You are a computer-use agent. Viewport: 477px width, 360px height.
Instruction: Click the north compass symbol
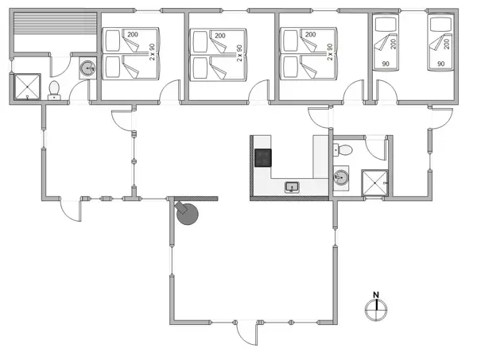point(375,308)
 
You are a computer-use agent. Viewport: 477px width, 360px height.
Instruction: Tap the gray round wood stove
point(188,215)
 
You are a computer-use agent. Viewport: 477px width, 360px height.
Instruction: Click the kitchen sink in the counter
point(293,188)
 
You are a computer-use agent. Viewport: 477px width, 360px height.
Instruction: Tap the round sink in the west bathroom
point(87,70)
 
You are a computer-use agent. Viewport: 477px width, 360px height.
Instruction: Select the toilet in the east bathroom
point(345,149)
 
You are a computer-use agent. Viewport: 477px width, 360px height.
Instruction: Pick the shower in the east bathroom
point(372,182)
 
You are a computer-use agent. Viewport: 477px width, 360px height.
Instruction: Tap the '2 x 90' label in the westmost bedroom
point(152,54)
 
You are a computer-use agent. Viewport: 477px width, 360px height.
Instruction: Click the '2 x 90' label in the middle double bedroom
point(238,54)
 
